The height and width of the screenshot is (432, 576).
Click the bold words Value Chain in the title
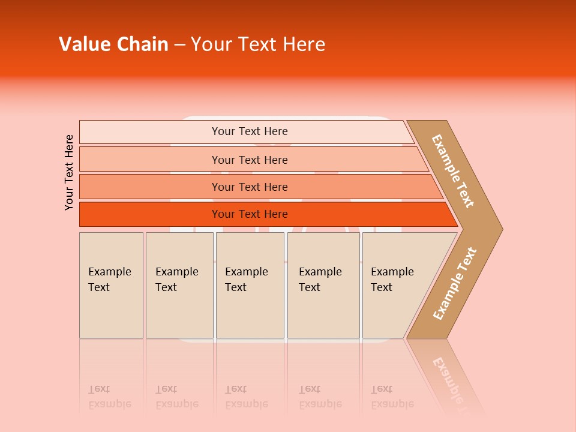click(113, 44)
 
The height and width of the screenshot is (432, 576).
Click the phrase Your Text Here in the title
click(258, 44)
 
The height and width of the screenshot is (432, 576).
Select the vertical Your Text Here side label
click(69, 172)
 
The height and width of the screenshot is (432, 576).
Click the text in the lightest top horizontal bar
click(250, 131)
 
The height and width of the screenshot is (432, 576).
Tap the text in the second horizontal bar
click(250, 160)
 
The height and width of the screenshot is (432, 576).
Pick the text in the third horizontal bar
click(250, 187)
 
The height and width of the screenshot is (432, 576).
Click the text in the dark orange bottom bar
click(250, 214)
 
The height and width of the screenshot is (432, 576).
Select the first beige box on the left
click(111, 285)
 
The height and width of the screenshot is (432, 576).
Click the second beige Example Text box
click(179, 285)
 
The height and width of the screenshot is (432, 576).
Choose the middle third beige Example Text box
click(250, 285)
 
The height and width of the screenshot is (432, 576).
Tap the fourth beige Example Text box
click(323, 285)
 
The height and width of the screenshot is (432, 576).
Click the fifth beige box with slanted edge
click(396, 285)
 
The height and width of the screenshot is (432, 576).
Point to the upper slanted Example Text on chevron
click(453, 171)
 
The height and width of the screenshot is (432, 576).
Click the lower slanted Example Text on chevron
click(455, 283)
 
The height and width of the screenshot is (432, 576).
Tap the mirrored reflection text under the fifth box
click(392, 397)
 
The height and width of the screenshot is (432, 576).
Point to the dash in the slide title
click(179, 45)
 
